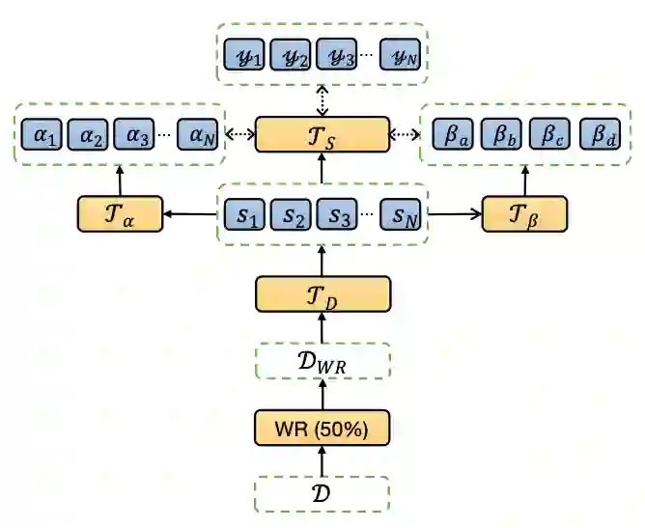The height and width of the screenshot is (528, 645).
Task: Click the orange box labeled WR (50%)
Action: [322, 427]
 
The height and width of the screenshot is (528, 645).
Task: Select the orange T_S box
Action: [322, 134]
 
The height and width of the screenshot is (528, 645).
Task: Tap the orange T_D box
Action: [322, 293]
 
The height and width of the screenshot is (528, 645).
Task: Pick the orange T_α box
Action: [120, 213]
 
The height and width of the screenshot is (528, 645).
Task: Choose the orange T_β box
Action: [524, 213]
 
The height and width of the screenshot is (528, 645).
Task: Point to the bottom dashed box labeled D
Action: [322, 493]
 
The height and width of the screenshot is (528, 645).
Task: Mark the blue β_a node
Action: [453, 135]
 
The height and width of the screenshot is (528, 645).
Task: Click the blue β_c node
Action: [551, 135]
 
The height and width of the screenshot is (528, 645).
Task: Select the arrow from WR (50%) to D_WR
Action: [322, 394]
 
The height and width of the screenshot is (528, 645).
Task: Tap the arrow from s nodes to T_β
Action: [454, 213]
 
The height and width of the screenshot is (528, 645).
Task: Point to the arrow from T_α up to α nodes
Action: [120, 179]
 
